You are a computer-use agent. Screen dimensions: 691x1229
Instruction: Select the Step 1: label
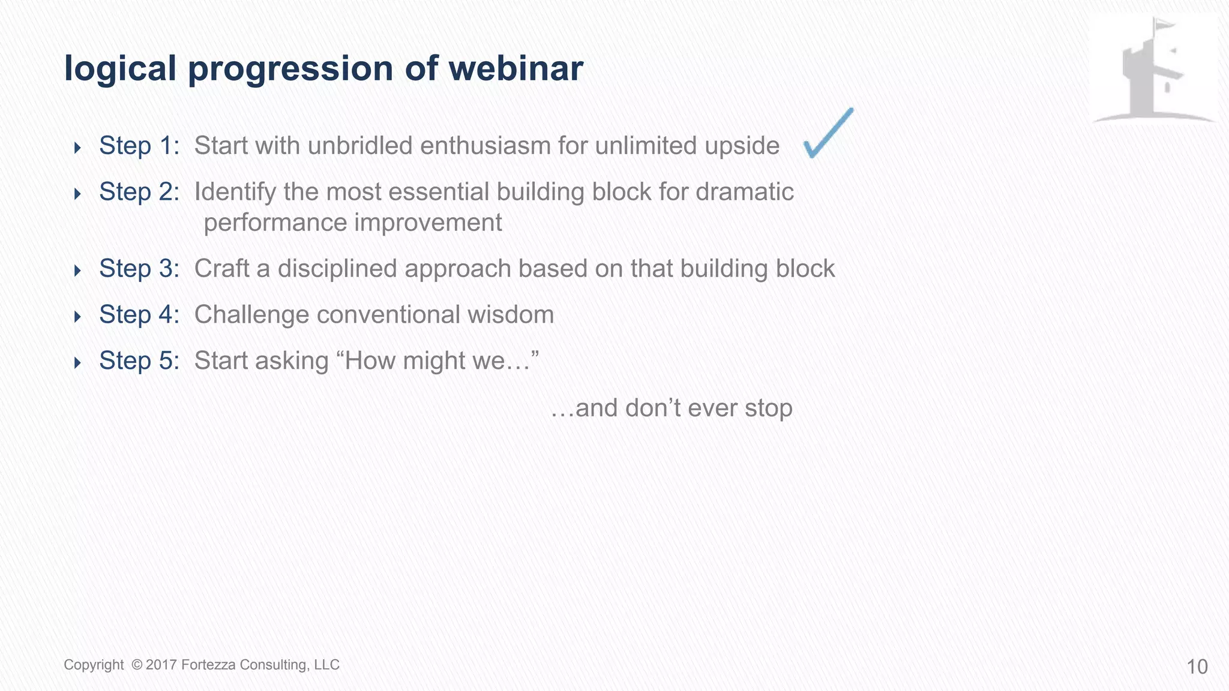coord(139,146)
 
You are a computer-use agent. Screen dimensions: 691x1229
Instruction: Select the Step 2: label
coord(139,192)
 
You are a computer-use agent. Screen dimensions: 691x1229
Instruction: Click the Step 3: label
coord(139,269)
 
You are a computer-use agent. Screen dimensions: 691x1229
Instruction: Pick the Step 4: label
coord(139,315)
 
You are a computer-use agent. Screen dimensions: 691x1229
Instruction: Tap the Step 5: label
coord(139,361)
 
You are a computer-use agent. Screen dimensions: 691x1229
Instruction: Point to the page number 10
coord(1197,667)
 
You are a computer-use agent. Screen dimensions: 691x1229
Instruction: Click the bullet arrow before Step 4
coord(77,316)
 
